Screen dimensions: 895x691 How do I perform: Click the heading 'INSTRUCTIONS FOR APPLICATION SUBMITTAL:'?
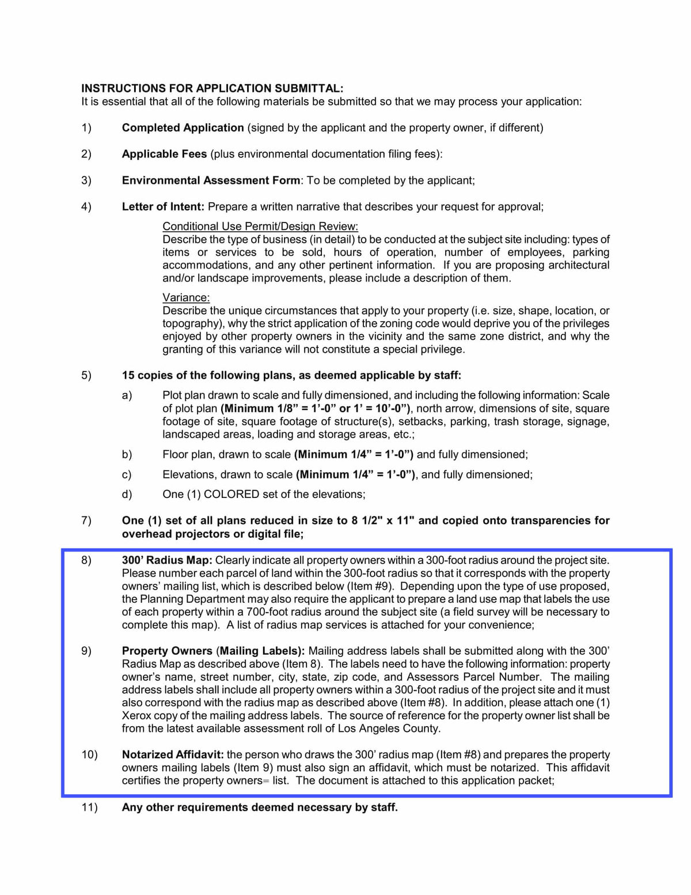[x=212, y=88]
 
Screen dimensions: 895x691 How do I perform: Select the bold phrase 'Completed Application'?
[x=183, y=128]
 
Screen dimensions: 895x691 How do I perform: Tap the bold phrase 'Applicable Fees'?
[x=164, y=154]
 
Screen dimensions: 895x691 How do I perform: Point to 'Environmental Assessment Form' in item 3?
[x=211, y=180]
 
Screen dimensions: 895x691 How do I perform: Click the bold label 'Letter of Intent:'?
[x=163, y=206]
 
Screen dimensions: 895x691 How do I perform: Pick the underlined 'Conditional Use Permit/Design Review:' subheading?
[x=260, y=226]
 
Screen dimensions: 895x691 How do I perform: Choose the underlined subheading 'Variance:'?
[x=186, y=297]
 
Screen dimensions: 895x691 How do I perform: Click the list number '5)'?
[x=86, y=376]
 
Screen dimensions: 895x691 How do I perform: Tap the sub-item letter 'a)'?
[x=127, y=395]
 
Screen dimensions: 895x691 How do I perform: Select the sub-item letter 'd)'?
[x=127, y=494]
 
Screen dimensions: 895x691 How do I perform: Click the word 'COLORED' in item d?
[x=231, y=494]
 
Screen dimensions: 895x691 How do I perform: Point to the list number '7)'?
[x=86, y=521]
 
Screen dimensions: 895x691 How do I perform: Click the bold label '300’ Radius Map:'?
[x=167, y=560]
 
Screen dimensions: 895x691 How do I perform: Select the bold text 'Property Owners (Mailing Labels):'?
[x=213, y=651]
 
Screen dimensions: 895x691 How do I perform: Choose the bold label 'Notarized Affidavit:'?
[x=173, y=755]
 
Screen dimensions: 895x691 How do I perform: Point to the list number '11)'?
[x=89, y=807]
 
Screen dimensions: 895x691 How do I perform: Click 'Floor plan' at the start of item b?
[x=187, y=455]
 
